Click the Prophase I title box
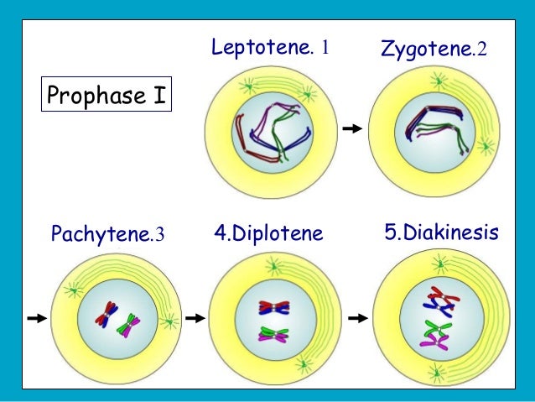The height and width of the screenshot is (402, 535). point(106,96)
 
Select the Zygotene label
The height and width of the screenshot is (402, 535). point(428,50)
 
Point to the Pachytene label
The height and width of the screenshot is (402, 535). point(100,232)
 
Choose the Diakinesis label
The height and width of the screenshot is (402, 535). point(441,232)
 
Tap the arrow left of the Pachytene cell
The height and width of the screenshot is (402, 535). point(36,318)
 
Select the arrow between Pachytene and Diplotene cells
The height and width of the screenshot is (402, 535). point(195,318)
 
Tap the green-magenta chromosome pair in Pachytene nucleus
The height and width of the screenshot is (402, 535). point(129,323)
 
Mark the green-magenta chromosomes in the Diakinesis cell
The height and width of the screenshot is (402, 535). point(437,335)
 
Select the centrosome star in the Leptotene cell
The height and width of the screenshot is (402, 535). point(248,85)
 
